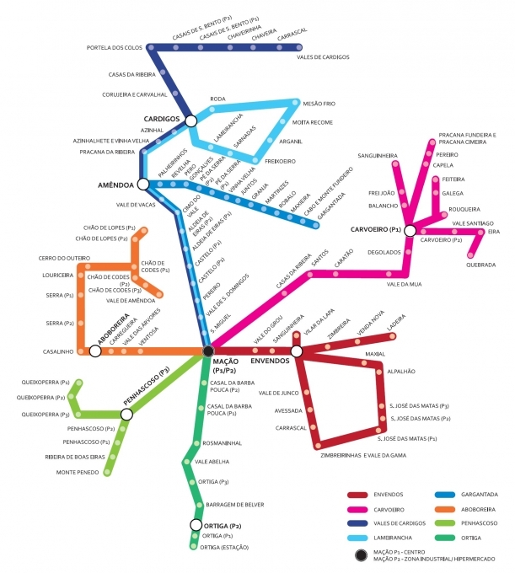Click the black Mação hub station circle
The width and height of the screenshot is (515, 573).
pyautogui.click(x=208, y=351)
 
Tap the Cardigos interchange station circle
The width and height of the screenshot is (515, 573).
pyautogui.click(x=190, y=120)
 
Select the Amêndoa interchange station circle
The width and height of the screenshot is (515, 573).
pyautogui.click(x=142, y=184)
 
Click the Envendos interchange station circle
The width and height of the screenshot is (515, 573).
pyautogui.click(x=297, y=351)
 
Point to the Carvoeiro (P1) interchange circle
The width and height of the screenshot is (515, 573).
pyautogui.click(x=409, y=230)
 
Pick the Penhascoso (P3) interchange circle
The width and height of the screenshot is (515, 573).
pyautogui.click(x=126, y=415)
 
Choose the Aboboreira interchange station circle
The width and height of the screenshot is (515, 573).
pyautogui.click(x=95, y=351)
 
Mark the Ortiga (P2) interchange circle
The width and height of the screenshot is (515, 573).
pyautogui.click(x=196, y=526)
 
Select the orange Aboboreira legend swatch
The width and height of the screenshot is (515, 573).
pyautogui.click(x=446, y=509)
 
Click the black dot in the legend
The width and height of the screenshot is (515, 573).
pyautogui.click(x=360, y=554)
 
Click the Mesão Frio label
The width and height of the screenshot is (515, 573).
pyautogui.click(x=319, y=103)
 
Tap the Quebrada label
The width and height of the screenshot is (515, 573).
pyautogui.click(x=480, y=265)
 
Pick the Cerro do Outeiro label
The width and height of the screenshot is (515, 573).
pyautogui.click(x=58, y=258)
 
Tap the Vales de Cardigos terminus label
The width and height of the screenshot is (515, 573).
pyautogui.click(x=329, y=57)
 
